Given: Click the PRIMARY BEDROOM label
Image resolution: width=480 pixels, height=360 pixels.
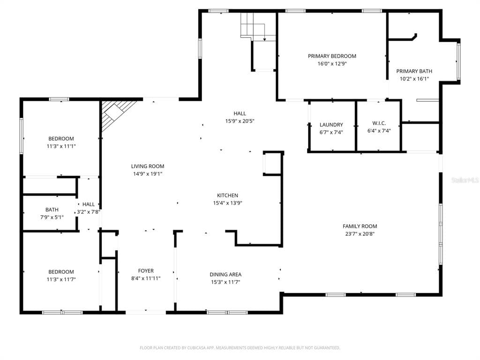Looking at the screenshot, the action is click(332, 56).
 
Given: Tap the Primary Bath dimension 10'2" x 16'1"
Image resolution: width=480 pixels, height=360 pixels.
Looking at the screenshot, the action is click(414, 79).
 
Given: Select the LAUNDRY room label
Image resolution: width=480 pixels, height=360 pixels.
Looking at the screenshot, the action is click(331, 125).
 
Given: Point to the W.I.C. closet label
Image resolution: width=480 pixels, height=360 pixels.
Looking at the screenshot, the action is click(379, 123).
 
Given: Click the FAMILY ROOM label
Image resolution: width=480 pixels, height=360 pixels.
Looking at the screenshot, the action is click(360, 226).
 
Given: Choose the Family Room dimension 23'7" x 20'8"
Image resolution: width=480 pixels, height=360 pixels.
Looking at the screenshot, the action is click(360, 234).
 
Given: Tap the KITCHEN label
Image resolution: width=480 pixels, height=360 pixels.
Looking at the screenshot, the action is click(227, 195).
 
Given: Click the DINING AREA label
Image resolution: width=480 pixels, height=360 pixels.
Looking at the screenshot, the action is click(225, 274).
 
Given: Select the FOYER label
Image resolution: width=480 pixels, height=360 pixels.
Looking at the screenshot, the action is click(146, 270).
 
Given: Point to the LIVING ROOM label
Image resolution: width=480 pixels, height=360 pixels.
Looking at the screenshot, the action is click(148, 166).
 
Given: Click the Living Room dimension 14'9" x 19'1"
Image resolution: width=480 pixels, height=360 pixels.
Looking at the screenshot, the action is click(148, 174).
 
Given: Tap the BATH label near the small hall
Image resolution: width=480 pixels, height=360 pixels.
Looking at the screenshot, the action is click(52, 210).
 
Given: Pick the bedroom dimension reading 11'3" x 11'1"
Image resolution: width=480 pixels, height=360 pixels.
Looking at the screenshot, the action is click(61, 146).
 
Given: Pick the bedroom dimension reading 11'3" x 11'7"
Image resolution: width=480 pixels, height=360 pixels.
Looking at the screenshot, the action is click(61, 279).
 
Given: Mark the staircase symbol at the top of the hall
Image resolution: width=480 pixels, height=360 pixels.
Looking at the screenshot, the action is click(258, 27).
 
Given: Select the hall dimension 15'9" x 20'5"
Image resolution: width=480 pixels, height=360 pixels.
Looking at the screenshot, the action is click(240, 121).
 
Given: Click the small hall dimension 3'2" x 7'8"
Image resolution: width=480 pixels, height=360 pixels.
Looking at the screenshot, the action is click(89, 212).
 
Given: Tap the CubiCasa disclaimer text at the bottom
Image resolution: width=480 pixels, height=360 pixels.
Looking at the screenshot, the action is click(240, 348).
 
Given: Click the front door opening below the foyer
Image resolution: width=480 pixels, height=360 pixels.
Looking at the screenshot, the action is click(146, 312).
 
